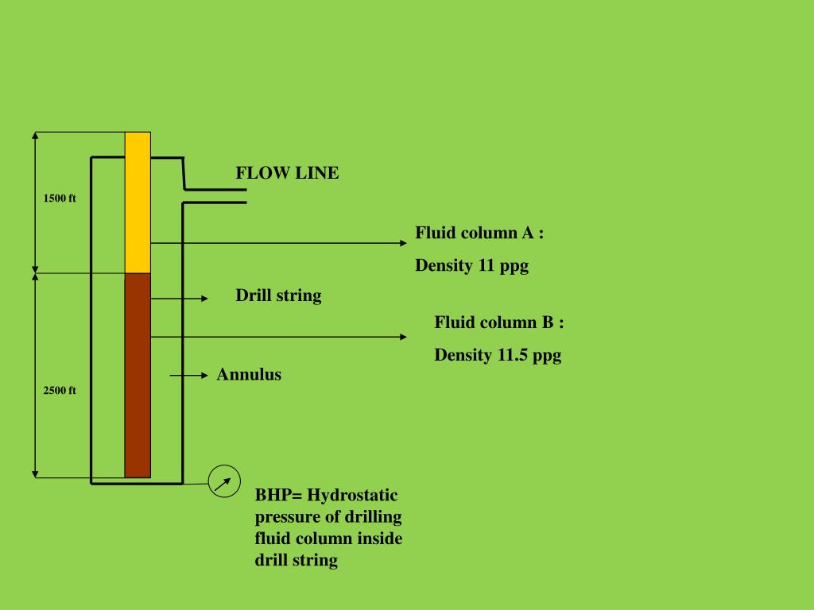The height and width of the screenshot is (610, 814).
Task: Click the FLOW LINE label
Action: coord(287,173)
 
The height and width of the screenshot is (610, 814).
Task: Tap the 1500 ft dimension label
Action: coord(60,199)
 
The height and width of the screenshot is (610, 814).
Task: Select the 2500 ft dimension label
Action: coord(60,391)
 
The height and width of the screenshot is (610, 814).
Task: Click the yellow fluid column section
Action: coord(138,203)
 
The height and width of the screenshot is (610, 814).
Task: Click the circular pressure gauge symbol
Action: coord(224,481)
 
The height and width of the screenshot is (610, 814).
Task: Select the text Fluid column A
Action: coord(479,234)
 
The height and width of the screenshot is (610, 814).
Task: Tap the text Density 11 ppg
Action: coord(471,266)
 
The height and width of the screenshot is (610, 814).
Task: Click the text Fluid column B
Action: coord(499,322)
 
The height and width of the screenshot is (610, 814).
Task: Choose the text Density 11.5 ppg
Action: coord(498,355)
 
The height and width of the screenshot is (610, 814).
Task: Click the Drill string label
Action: coord(278,296)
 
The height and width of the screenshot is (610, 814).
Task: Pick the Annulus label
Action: coord(249,375)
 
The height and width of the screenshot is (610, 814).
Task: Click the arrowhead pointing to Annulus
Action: coord(203,374)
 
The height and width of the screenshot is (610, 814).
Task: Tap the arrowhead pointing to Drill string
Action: coord(203,299)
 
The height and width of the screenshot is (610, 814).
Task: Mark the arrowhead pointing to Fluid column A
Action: coord(402,243)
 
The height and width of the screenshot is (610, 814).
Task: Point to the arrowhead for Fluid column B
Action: coord(402,337)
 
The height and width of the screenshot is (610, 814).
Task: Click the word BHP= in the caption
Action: coord(279,496)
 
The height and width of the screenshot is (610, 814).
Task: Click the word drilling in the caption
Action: coord(373,517)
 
